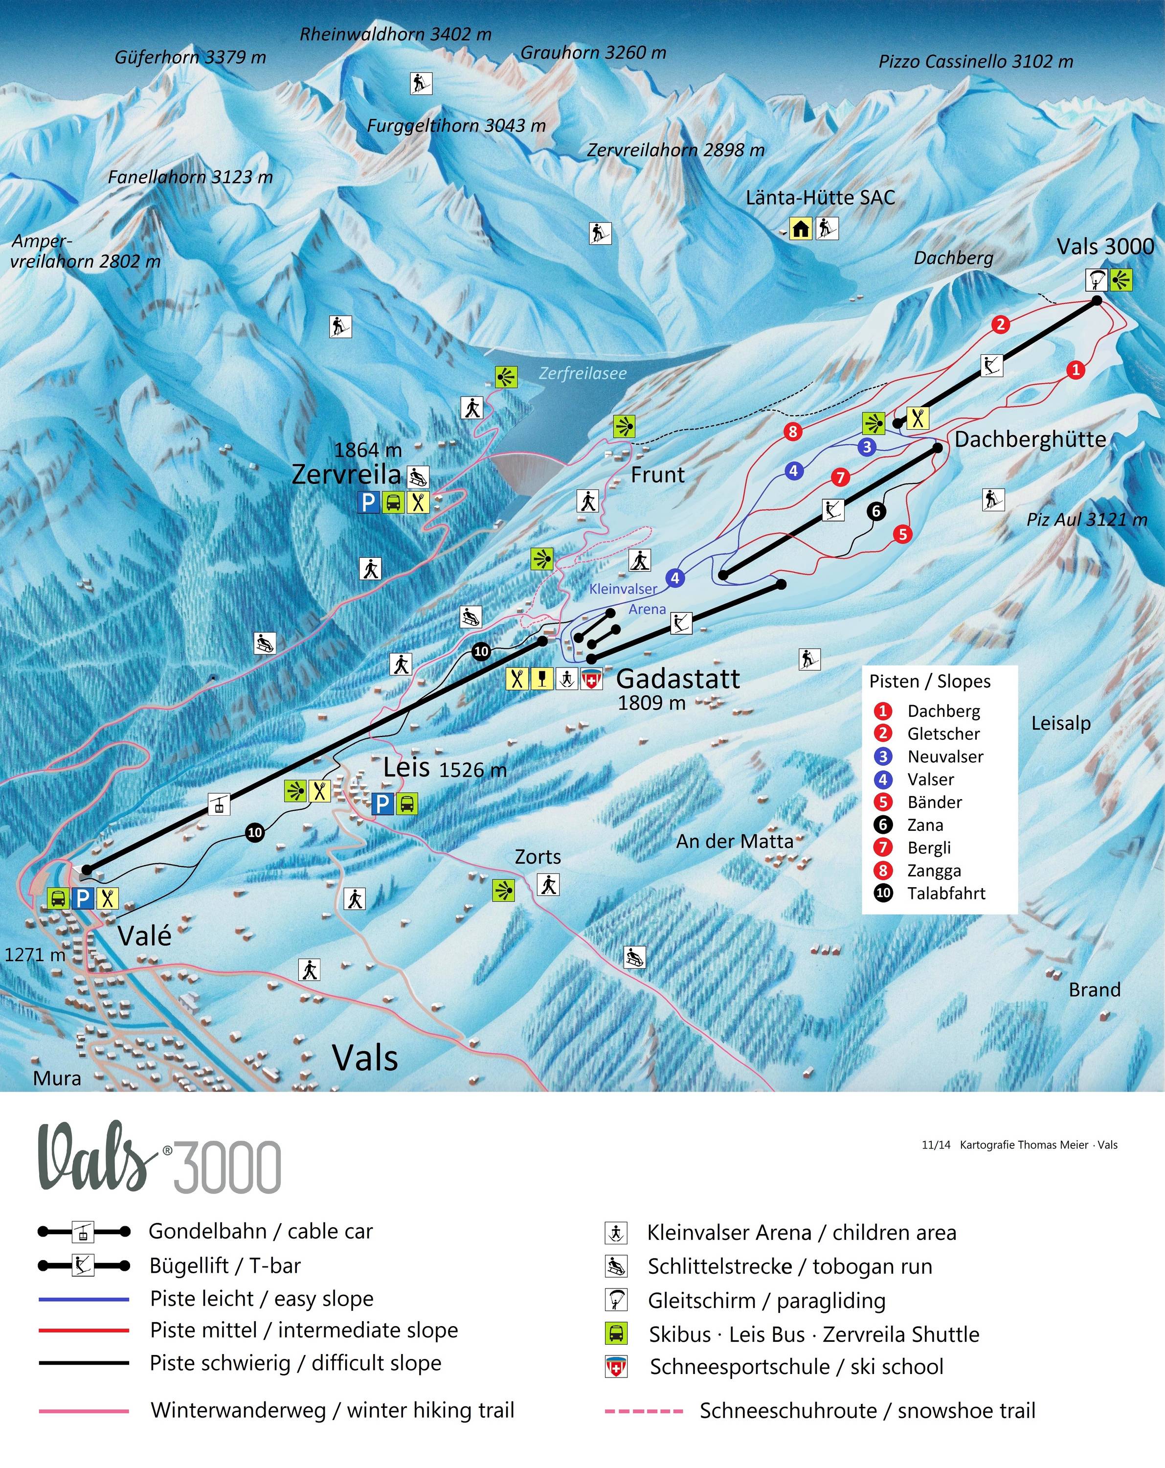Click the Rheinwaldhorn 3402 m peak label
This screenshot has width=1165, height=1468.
tap(395, 34)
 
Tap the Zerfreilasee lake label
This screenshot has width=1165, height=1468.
tap(582, 373)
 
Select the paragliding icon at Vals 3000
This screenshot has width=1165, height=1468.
tap(1096, 279)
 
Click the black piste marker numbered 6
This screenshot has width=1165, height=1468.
tap(876, 511)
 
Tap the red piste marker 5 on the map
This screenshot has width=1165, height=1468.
tap(902, 534)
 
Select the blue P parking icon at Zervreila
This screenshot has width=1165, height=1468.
tap(368, 503)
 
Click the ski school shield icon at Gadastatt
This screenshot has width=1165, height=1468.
tap(591, 679)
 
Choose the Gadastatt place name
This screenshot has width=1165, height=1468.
tap(678, 679)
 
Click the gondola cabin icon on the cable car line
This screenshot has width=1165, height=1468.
tap(219, 804)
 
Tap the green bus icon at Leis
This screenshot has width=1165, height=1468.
tap(407, 803)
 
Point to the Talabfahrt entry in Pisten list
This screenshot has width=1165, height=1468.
tap(946, 894)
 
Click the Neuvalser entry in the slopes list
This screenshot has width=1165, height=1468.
tap(945, 757)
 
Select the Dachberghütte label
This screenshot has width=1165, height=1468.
tap(1031, 439)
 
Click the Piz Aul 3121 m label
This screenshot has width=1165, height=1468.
tap(1087, 520)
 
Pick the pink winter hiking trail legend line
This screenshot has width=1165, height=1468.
tap(84, 1411)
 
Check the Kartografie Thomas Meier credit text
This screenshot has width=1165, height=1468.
tap(1038, 1145)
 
